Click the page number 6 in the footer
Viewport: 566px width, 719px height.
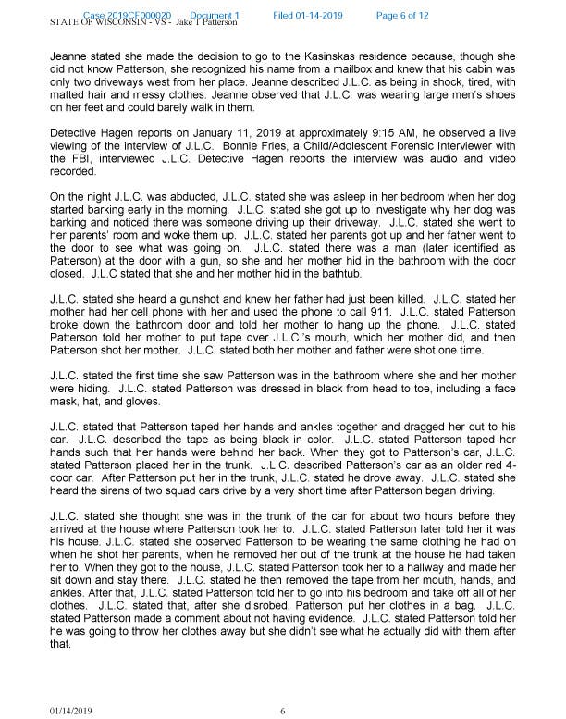click(x=283, y=710)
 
